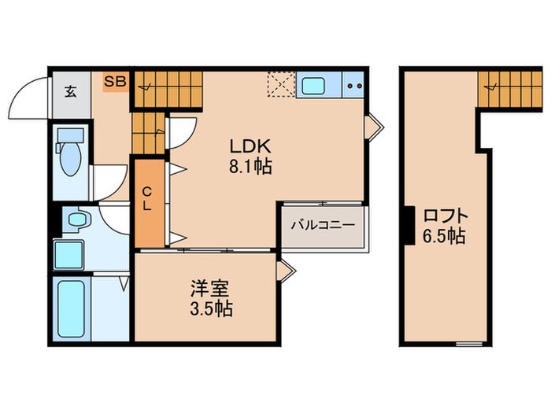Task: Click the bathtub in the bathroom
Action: tap(72, 307)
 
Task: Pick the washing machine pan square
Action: tap(68, 253)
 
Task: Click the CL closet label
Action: tap(147, 200)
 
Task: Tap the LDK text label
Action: tap(250, 146)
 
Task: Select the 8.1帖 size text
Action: tap(250, 166)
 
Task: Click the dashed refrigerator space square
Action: tap(281, 85)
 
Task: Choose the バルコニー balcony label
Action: tap(323, 224)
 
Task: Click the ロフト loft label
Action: tap(446, 214)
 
